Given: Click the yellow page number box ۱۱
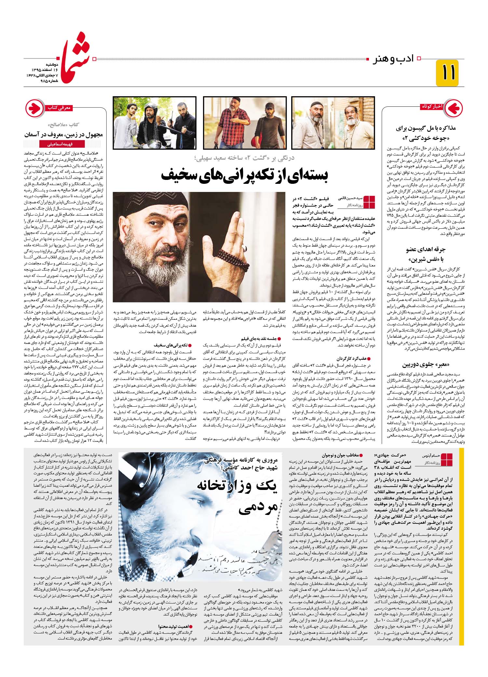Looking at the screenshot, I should (447, 73).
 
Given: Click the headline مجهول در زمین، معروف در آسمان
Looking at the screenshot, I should (63, 134).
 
